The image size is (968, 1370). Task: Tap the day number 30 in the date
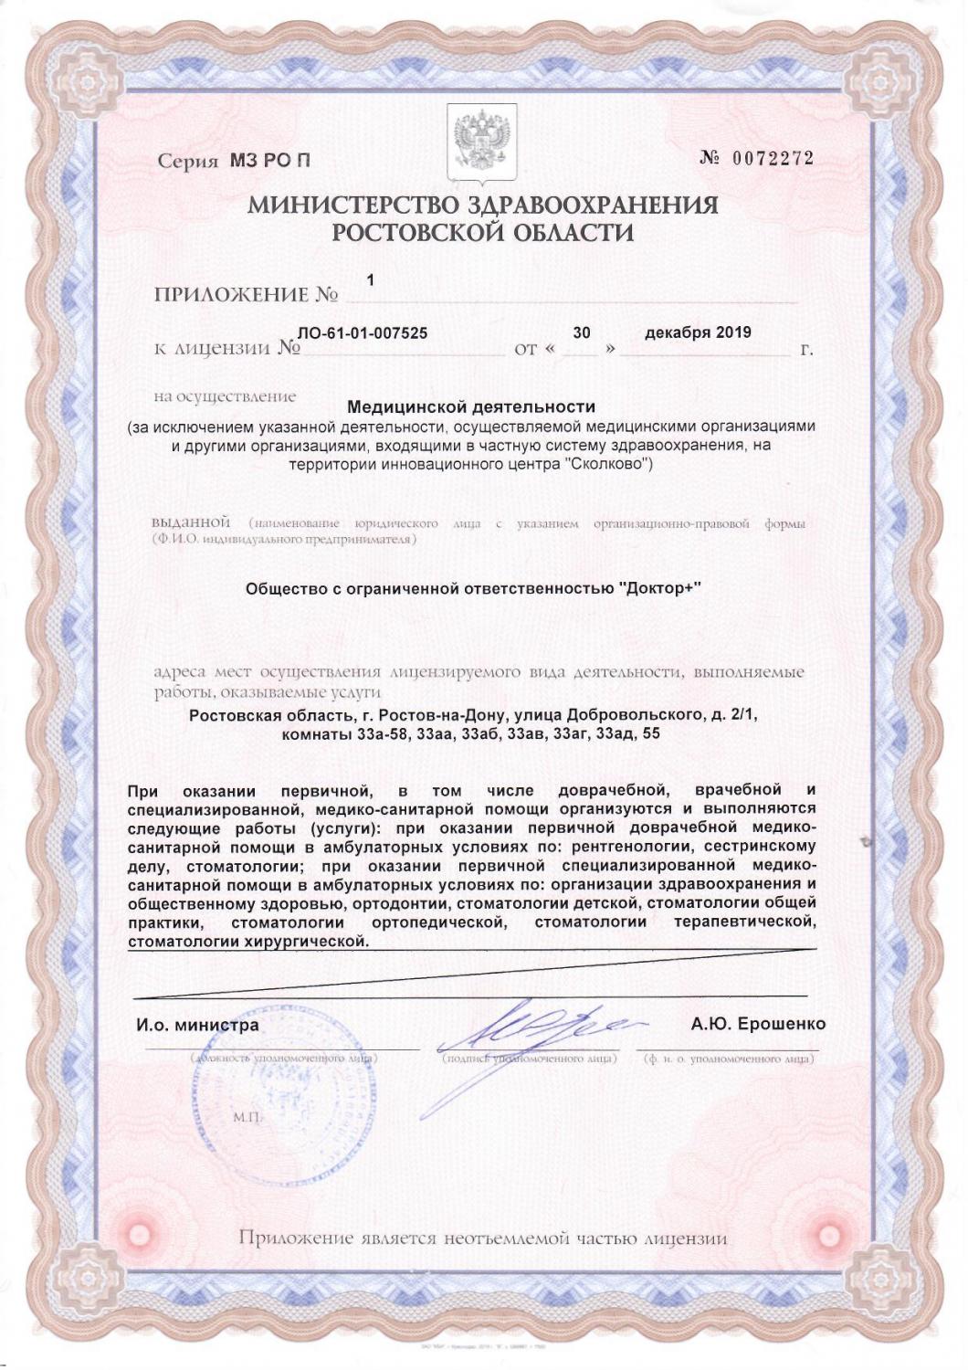581,333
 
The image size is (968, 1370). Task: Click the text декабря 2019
698,332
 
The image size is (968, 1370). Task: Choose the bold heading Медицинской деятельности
472,406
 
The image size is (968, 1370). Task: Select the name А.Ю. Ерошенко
758,1024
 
